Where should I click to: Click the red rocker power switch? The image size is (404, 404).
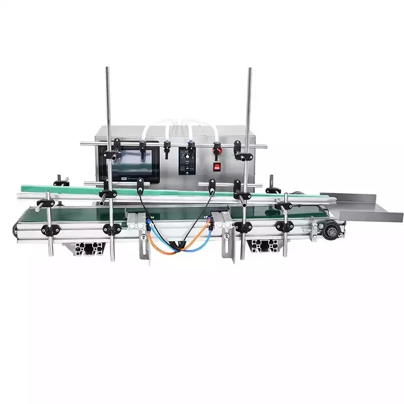click(217, 166)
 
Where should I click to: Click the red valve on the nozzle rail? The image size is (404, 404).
click(217, 148)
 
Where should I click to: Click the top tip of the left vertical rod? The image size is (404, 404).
click(107, 68)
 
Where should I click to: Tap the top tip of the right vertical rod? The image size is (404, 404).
click(250, 69)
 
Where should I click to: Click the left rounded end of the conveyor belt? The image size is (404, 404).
click(18, 227)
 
